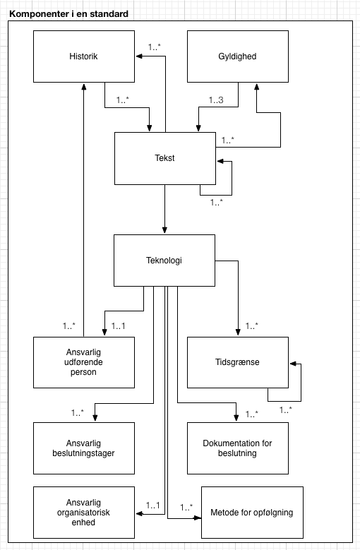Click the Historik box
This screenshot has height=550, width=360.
(x=84, y=56)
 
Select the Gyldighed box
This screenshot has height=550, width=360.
(x=237, y=56)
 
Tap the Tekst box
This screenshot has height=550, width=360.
(x=164, y=158)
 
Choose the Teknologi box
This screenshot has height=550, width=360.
(x=164, y=261)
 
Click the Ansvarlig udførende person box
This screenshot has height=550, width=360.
(x=84, y=362)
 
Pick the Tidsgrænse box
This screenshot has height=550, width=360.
(x=237, y=362)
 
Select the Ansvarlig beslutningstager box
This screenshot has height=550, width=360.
(x=84, y=448)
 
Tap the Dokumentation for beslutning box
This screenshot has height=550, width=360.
(x=237, y=448)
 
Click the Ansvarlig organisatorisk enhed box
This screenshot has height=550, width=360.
(x=84, y=511)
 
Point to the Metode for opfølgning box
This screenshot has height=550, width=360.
(x=252, y=512)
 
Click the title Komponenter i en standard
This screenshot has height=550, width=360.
(x=68, y=14)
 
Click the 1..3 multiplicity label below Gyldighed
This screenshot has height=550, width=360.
(x=216, y=101)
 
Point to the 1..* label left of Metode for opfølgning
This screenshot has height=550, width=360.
(x=187, y=507)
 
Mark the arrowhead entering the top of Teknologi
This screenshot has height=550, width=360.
(x=164, y=231)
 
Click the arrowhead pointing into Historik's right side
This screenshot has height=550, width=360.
(x=139, y=61)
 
